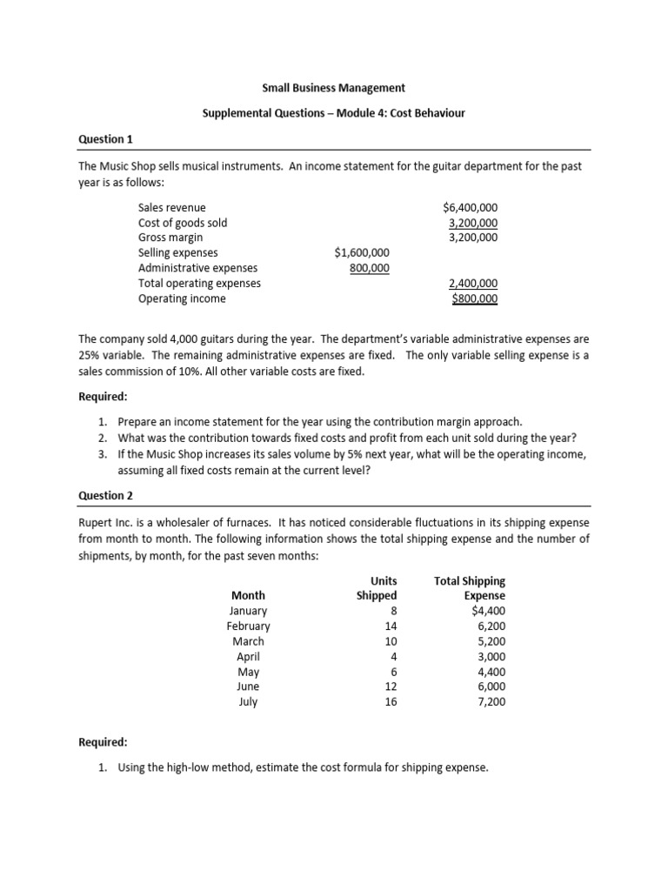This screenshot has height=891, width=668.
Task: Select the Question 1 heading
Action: click(x=105, y=139)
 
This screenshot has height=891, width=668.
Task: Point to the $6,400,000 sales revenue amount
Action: click(x=470, y=207)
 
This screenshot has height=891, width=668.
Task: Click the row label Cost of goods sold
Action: click(x=183, y=223)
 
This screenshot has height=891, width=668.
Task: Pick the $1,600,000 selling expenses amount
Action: click(x=362, y=252)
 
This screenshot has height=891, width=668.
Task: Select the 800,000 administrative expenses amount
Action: click(x=369, y=268)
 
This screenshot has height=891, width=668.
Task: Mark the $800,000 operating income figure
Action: click(x=475, y=298)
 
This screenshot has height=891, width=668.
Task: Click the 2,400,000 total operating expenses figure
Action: click(x=473, y=283)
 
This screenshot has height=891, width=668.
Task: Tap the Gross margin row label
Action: click(x=170, y=238)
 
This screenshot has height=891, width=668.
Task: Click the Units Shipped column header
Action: click(x=377, y=588)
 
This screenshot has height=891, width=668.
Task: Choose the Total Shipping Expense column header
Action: click(x=470, y=588)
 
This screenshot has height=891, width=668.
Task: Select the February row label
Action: click(x=248, y=626)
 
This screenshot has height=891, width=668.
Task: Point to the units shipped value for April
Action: click(x=393, y=657)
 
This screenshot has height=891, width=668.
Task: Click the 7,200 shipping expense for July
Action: click(x=489, y=702)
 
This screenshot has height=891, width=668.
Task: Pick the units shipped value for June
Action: click(x=390, y=687)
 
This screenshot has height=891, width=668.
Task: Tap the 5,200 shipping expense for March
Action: click(x=489, y=641)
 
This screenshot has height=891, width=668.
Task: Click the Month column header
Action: click(x=248, y=595)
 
